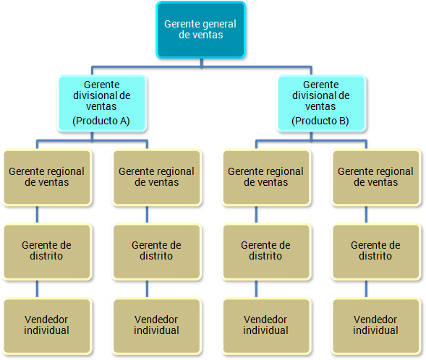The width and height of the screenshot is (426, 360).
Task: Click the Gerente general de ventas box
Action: [x=201, y=30]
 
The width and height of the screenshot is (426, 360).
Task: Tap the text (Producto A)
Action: [x=101, y=121]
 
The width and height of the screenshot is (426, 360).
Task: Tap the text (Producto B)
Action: [x=320, y=121]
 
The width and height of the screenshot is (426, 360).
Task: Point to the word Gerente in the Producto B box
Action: [x=321, y=85]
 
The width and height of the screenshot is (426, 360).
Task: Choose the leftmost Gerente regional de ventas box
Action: [x=47, y=178]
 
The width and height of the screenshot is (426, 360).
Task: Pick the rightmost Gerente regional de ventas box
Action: [x=376, y=178]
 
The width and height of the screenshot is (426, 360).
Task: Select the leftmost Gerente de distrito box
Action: [x=47, y=252]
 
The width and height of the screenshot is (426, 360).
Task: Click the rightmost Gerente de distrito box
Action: [x=376, y=252]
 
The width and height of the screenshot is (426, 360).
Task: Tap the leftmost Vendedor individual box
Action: [x=47, y=326]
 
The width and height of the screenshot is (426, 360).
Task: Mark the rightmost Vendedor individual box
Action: [x=376, y=326]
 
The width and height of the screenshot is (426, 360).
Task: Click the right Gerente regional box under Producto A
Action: [x=157, y=178]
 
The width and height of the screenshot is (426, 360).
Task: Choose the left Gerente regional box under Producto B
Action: [x=266, y=178]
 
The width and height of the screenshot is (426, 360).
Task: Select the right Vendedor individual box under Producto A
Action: [x=157, y=326]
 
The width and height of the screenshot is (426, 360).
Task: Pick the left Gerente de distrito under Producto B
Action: [x=266, y=252]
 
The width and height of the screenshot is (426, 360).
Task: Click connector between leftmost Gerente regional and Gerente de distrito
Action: [x=37, y=215]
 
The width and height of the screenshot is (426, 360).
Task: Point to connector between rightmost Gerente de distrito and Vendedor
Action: [x=366, y=289]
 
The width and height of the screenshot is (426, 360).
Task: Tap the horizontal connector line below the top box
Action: [x=202, y=67]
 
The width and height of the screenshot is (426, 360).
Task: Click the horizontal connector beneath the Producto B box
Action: [x=311, y=141]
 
